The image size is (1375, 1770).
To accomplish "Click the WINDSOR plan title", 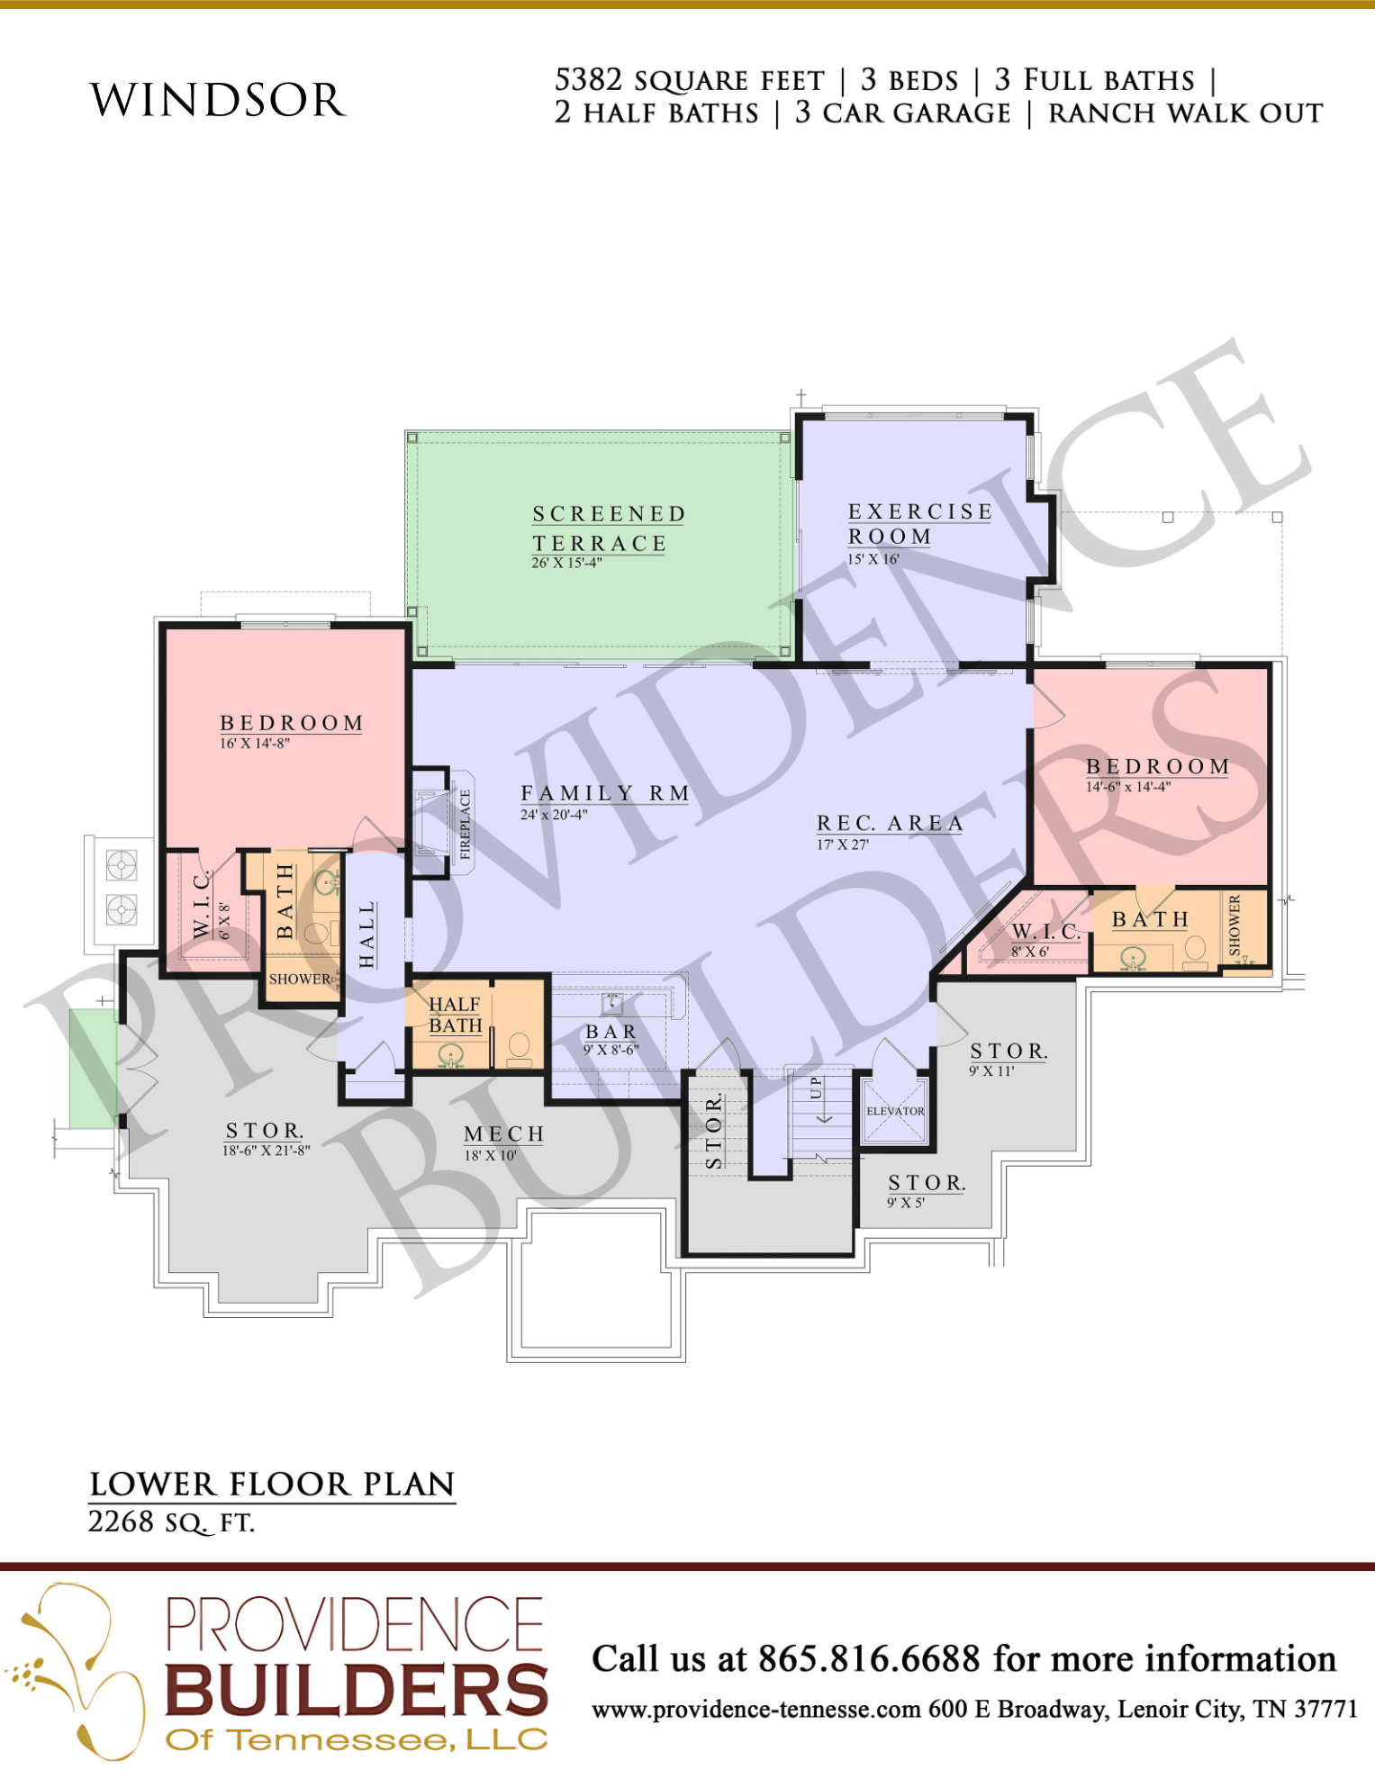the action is coord(218,100).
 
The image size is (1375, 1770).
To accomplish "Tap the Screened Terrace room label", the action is coord(609,528).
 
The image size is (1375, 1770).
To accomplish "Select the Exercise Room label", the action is coord(919,524).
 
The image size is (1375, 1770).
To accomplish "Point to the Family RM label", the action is coord(605,793).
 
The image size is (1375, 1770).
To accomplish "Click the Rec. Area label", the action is coord(891,823).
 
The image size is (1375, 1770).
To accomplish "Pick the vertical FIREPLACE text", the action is coord(466,824).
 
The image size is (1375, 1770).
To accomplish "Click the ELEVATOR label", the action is coord(895,1111).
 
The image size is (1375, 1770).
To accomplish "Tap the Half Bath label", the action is coord(456,1015).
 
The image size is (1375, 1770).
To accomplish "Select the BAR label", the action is coord(611,1032).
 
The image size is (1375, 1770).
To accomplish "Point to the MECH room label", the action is coord(504,1134).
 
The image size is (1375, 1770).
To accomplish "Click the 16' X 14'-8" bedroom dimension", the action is coord(255,744).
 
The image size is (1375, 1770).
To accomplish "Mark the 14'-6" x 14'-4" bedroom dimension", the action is coord(1128,787).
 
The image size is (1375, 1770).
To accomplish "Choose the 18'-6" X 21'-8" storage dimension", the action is coord(267,1150).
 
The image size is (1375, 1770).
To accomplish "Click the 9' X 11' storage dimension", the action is coord(991,1071).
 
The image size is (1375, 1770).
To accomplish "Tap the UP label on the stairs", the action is coord(816,1087).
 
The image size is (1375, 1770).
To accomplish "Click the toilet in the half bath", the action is coord(520,1045).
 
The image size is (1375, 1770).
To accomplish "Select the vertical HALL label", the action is coord(366,935).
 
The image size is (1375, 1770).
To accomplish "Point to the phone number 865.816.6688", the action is coord(869,1658).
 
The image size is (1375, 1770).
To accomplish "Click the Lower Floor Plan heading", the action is coord(272,1485).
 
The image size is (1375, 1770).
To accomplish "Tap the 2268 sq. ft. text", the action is coord(171,1522).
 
